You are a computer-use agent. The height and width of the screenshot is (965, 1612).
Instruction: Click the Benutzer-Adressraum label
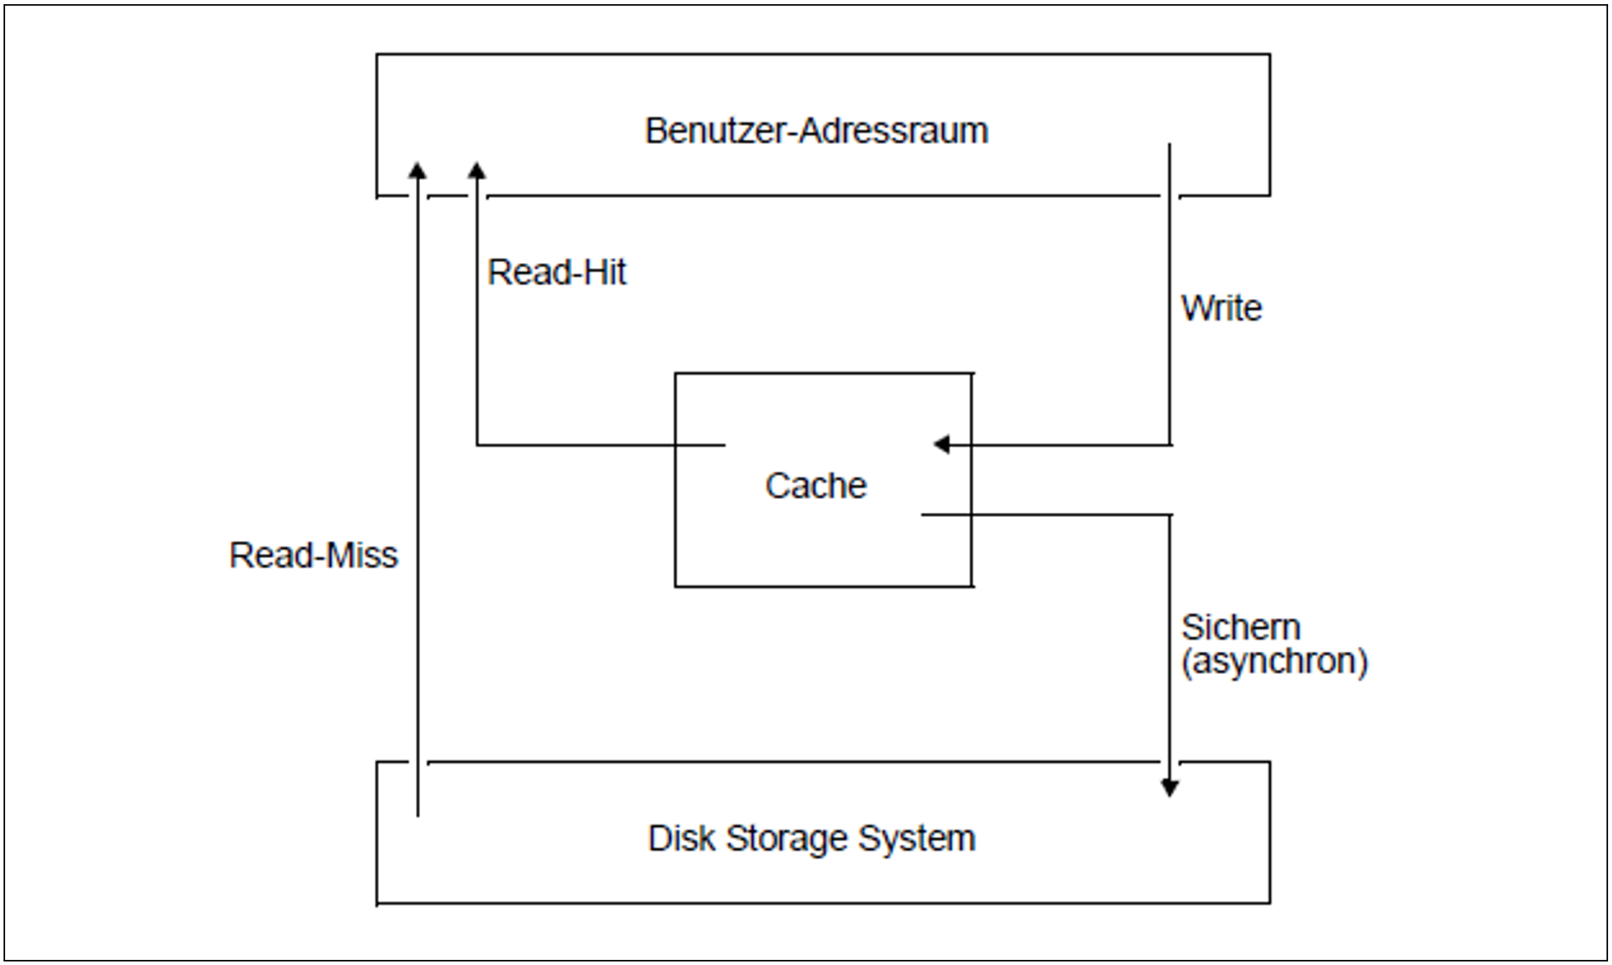816,131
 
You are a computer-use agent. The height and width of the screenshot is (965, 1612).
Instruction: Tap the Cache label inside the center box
815,486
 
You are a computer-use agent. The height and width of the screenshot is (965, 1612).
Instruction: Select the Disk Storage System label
811,838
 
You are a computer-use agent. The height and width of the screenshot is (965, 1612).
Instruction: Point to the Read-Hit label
557,272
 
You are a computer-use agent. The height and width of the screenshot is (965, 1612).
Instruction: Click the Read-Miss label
313,555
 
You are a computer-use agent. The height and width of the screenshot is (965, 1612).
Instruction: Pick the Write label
1221,308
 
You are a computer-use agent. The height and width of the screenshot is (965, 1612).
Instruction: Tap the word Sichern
1240,628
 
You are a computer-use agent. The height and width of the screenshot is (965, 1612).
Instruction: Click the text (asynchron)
1274,661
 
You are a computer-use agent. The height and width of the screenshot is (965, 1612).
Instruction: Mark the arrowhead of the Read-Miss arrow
418,169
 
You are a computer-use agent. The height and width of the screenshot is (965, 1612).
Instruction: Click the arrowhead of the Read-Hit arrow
477,169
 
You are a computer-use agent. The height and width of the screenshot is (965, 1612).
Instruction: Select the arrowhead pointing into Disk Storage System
1169,788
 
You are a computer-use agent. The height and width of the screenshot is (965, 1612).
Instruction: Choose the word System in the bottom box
917,839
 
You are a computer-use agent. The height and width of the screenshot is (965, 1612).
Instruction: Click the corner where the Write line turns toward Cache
1170,445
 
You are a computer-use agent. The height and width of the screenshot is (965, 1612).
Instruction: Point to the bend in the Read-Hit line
477,445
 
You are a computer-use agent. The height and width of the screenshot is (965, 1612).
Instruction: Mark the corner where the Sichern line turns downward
1170,515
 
